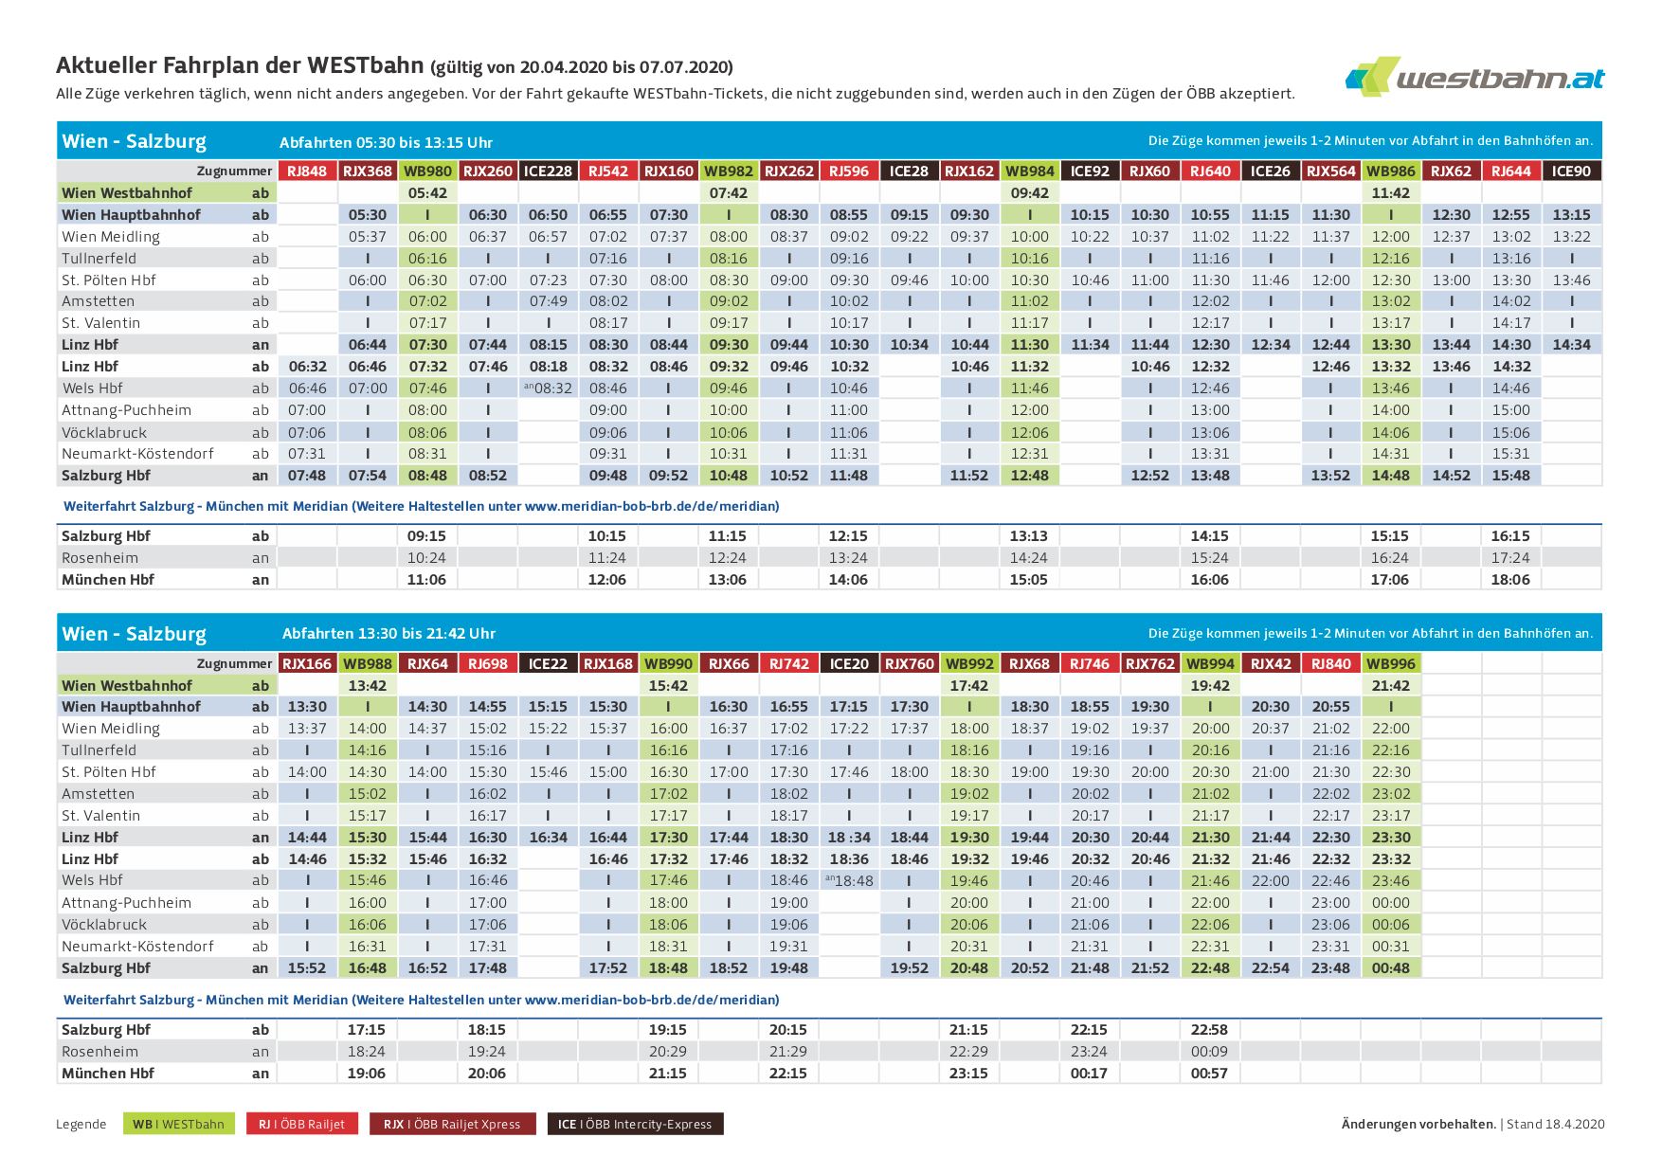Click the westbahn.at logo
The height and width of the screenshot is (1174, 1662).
coord(1474,77)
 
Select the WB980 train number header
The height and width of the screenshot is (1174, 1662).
coord(427,172)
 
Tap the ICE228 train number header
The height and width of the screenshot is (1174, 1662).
coord(548,172)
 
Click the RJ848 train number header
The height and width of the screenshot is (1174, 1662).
coord(307,172)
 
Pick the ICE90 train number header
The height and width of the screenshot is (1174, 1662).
coord(1572,172)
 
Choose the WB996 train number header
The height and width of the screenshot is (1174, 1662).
coord(1391,664)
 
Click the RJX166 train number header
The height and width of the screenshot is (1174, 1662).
coord(307,664)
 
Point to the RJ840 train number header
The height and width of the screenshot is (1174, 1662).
coord(1330,664)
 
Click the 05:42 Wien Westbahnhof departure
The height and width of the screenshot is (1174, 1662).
coord(427,193)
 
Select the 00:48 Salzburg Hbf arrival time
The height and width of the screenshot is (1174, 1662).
coord(1391,968)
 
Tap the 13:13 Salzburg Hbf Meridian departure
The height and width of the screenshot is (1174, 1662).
coord(1029,536)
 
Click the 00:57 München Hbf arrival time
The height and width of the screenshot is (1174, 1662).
coord(1210,1074)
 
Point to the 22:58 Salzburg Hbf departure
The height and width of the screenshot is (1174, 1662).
coord(1210,1030)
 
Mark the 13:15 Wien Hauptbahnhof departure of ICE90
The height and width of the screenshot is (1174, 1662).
coord(1572,215)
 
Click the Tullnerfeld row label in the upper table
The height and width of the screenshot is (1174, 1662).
coord(99,259)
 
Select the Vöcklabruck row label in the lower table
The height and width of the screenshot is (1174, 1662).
coord(104,925)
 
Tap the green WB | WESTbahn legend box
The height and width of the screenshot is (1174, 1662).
coord(179,1125)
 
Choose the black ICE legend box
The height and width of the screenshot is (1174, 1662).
coord(635,1125)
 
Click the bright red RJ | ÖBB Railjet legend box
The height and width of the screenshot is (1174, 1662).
coord(302,1125)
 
